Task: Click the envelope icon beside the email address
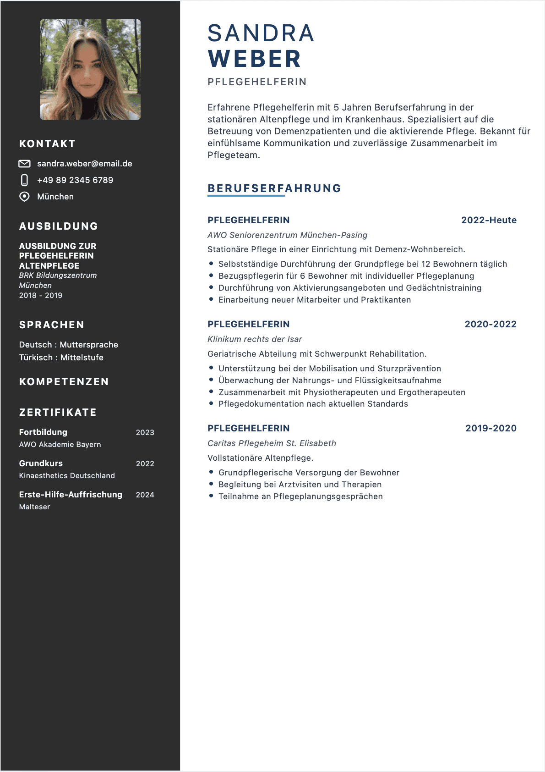tap(24, 164)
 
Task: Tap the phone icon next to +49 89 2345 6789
tap(24, 180)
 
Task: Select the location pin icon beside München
tap(24, 197)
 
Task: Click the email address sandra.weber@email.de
tap(85, 164)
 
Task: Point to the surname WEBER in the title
tap(255, 59)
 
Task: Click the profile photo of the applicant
tap(90, 70)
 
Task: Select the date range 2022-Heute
tap(489, 220)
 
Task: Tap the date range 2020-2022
tap(490, 324)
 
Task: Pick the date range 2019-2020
tap(491, 428)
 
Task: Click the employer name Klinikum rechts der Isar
tap(255, 339)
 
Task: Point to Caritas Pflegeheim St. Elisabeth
tap(272, 443)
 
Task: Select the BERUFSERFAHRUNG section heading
tap(274, 188)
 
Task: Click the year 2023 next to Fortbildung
tap(145, 432)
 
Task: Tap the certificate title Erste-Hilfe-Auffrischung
tap(71, 495)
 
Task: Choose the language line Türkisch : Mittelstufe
tap(61, 358)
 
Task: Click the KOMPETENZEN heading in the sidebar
tap(64, 382)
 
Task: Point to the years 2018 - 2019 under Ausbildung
tap(41, 296)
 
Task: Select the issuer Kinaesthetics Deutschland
tap(67, 476)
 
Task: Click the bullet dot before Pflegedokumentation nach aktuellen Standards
tap(211, 403)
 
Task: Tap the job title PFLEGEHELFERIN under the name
tap(257, 82)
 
